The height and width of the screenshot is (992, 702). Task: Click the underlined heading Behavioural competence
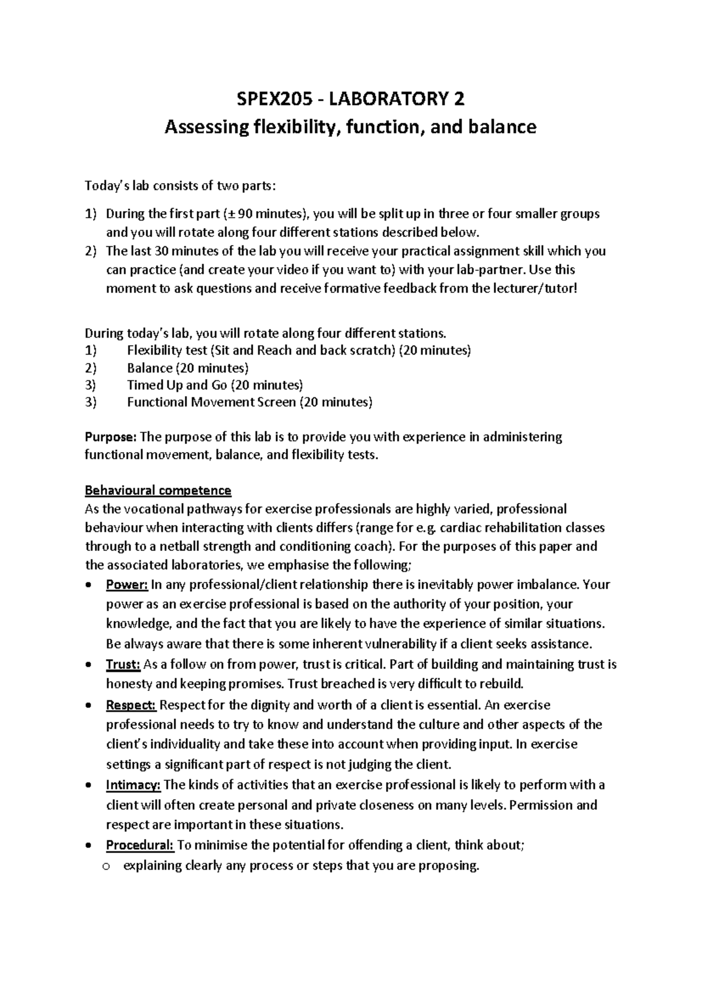pos(158,490)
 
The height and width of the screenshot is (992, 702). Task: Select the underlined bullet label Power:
pos(126,584)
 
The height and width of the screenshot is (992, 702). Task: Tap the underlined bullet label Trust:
pos(123,664)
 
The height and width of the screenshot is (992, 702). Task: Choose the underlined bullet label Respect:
pos(131,705)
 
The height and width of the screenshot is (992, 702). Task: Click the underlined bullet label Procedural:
pos(139,845)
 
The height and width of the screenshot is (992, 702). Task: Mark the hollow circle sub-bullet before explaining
pos(106,867)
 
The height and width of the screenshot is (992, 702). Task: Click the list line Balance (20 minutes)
pos(188,368)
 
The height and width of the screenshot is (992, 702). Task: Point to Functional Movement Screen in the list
pos(211,402)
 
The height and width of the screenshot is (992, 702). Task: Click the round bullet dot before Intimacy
pos(88,786)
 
